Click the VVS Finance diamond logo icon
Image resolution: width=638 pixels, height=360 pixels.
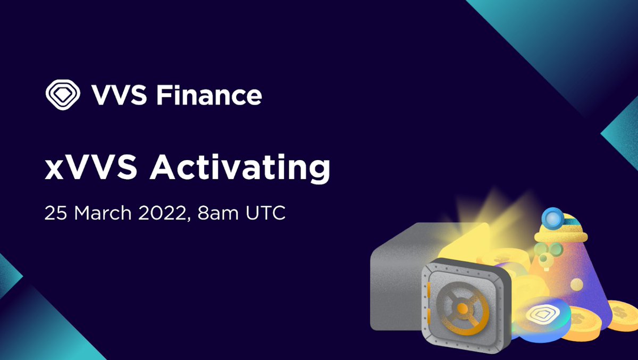click(62, 95)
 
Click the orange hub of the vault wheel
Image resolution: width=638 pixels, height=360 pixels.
click(463, 308)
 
